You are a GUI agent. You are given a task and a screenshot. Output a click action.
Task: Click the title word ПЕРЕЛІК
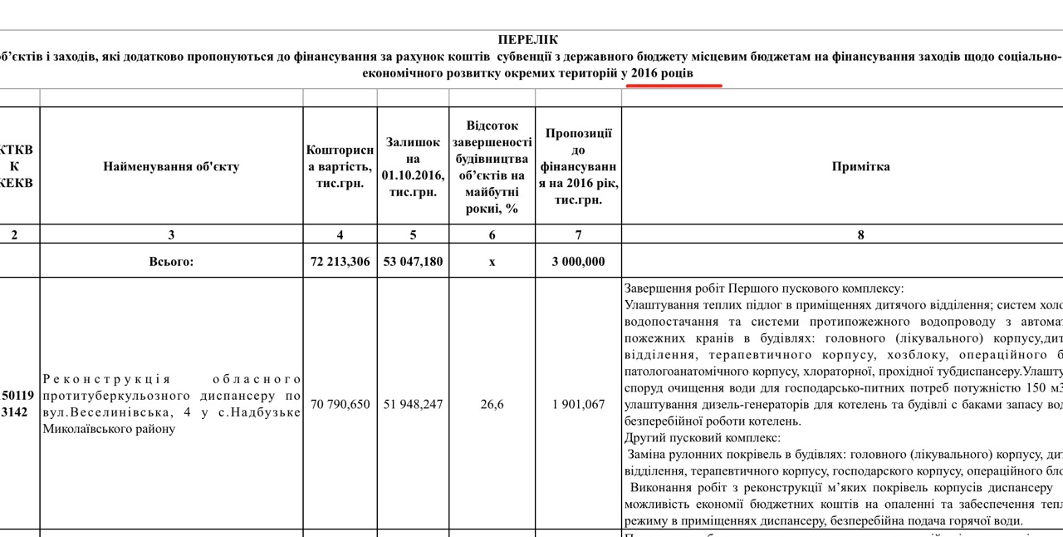pos(528,40)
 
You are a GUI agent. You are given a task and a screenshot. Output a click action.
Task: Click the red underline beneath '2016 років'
pos(674,85)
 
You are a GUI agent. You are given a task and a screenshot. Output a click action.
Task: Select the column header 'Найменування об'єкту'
pos(171,166)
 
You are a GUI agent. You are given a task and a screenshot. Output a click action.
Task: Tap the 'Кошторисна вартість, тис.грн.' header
pos(340,166)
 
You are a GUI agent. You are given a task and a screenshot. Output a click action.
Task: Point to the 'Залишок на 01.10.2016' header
pos(413,166)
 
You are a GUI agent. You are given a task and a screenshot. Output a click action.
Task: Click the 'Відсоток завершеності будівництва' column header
pos(492,166)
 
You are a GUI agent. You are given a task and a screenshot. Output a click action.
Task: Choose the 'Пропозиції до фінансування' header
pos(578,166)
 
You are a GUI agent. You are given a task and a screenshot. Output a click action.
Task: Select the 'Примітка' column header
pos(860,166)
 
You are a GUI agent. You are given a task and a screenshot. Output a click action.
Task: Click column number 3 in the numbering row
pos(171,235)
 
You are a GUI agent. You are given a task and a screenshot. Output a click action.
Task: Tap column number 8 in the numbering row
pos(860,235)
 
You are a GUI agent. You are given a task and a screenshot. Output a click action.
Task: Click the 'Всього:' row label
pos(171,262)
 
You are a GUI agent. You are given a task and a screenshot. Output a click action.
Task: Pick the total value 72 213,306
pos(340,262)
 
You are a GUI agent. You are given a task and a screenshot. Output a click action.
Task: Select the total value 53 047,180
pos(413,262)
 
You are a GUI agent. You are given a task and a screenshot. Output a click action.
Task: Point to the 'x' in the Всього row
pos(492,262)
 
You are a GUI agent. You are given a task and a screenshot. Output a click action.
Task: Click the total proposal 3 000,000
pos(578,262)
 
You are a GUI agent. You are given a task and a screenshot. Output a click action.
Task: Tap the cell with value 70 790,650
pos(340,405)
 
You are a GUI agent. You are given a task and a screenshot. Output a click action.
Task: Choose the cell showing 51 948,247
pos(413,405)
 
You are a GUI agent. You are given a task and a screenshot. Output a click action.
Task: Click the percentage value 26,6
pos(492,405)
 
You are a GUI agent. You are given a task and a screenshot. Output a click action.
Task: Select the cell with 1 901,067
pos(578,405)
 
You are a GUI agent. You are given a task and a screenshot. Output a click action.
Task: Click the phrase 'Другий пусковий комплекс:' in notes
pos(702,437)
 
